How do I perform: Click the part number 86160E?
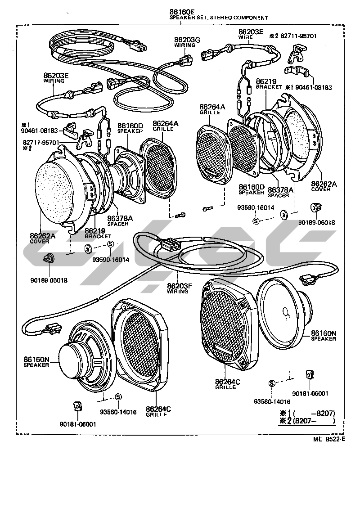[x=182, y=12]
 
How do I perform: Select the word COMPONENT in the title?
[x=251, y=18]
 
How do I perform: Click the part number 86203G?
[x=187, y=40]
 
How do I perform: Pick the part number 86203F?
[x=180, y=286]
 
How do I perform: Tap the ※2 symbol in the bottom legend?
[x=283, y=421]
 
